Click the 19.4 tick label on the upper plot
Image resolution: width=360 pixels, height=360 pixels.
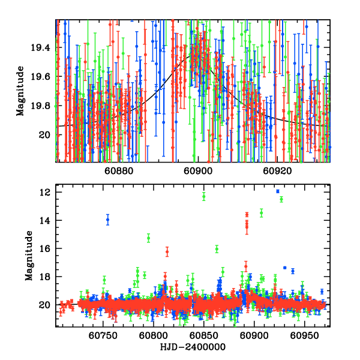click(43, 47)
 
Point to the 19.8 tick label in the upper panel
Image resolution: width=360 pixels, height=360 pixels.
click(43, 106)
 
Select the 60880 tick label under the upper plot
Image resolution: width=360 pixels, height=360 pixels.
click(119, 171)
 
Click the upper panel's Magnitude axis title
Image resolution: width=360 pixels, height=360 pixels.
click(20, 91)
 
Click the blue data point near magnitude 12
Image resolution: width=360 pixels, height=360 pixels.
click(277, 191)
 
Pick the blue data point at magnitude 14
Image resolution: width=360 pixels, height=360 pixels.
click(108, 220)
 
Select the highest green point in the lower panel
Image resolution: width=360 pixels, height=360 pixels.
click(204, 196)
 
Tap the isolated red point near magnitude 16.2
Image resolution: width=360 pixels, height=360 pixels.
click(167, 251)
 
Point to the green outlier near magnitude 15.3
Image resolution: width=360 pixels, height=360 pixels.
click(148, 238)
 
